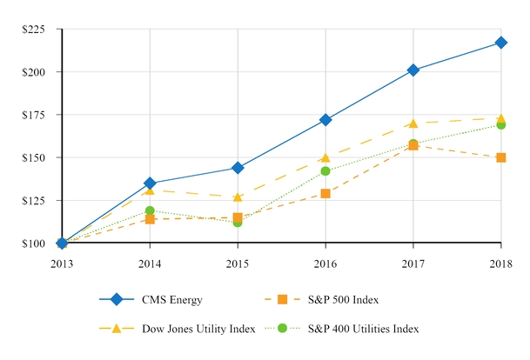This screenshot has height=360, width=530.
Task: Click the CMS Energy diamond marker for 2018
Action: tap(501, 43)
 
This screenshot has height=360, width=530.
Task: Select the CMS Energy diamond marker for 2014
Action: tap(150, 183)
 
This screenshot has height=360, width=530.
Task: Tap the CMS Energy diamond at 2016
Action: tap(325, 120)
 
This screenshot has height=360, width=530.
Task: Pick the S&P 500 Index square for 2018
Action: tap(501, 157)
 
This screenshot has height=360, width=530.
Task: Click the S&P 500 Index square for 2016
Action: tap(325, 193)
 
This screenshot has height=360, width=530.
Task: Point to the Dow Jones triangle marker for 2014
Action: tap(150, 190)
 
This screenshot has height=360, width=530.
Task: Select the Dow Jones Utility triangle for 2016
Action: tap(325, 157)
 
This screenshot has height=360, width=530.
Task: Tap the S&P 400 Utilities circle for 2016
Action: tap(325, 171)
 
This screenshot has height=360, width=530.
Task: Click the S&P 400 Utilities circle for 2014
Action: tap(150, 210)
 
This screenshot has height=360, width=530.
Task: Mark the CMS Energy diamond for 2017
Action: tap(413, 70)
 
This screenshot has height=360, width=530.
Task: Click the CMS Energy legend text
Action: tap(172, 300)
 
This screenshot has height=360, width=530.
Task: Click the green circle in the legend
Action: tap(281, 329)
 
